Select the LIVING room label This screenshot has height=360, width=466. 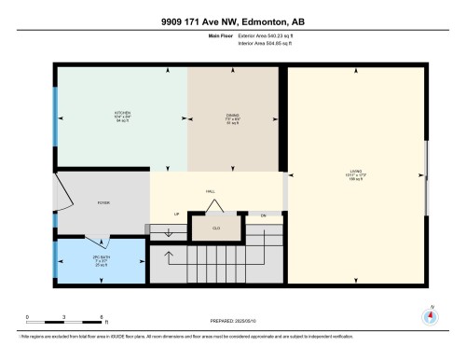click(x=355, y=172)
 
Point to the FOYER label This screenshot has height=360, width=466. click(x=104, y=201)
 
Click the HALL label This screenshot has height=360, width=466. click(x=211, y=191)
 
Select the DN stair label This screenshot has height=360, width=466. click(x=263, y=215)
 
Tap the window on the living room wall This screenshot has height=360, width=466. click(x=427, y=173)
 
